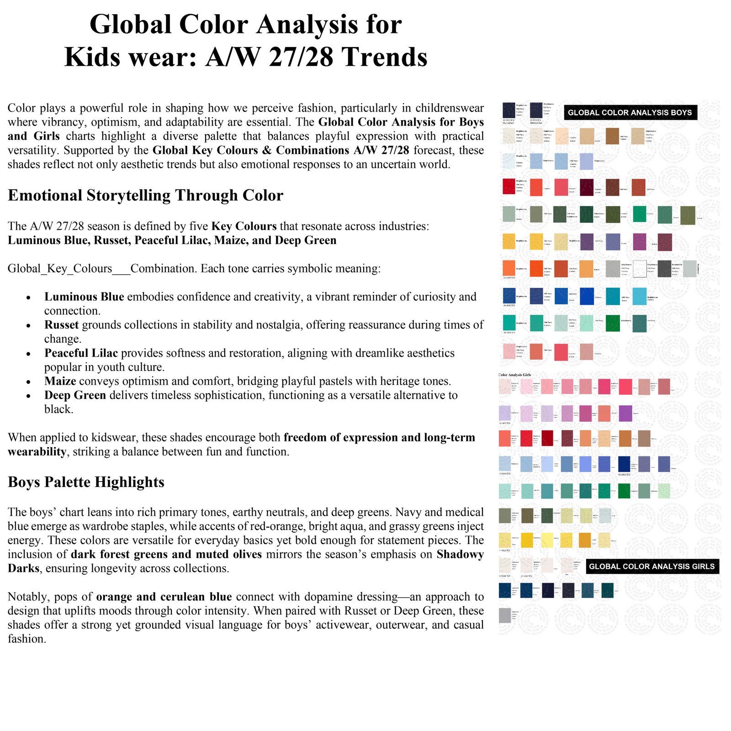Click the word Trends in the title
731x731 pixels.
[384, 57]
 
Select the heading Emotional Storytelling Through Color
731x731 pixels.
[145, 195]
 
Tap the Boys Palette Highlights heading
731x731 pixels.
[86, 482]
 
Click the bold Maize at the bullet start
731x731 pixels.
[60, 381]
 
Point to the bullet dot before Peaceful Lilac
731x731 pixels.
[28, 354]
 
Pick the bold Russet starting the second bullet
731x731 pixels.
[61, 325]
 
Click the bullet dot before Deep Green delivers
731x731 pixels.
[28, 396]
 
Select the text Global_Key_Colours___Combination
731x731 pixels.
[69, 268]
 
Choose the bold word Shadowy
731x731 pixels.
[460, 554]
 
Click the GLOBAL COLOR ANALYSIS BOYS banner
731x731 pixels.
[630, 112]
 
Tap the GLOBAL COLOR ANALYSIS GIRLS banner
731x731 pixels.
[652, 566]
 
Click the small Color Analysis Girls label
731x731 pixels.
[514, 375]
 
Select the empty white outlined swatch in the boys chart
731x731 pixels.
[639, 269]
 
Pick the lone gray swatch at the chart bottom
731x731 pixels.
[504, 615]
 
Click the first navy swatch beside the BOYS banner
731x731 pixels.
[509, 110]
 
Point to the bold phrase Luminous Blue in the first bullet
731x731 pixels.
[84, 297]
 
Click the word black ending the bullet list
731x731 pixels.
[58, 409]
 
